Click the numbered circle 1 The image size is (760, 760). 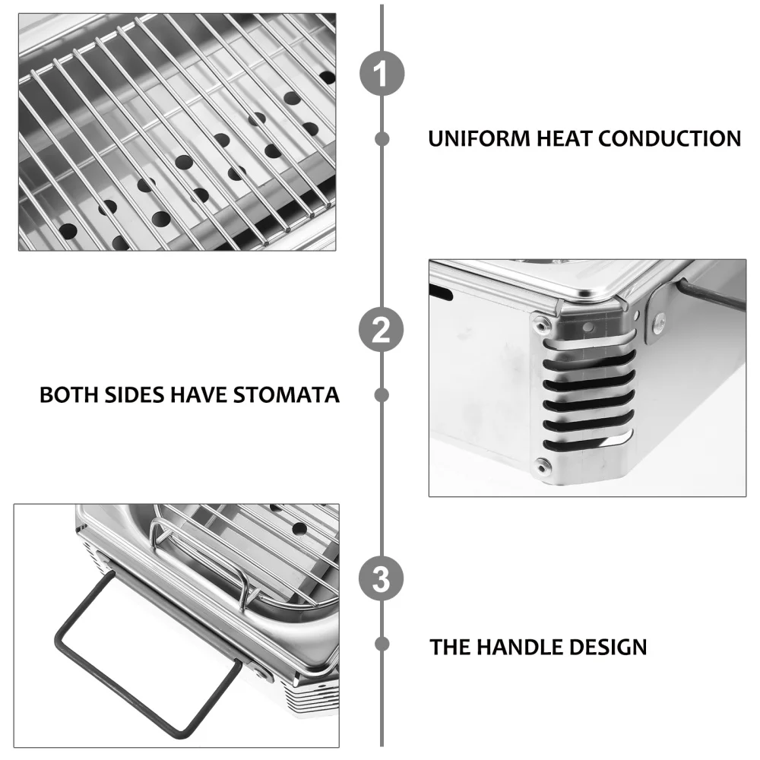pyautogui.click(x=382, y=74)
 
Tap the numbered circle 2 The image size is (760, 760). pyautogui.click(x=382, y=331)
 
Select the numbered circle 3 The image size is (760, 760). pyautogui.click(x=382, y=579)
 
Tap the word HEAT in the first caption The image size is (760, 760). pyautogui.click(x=566, y=139)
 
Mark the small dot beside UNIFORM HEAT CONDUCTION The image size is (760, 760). pyautogui.click(x=382, y=139)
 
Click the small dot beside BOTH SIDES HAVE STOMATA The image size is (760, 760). pyautogui.click(x=382, y=395)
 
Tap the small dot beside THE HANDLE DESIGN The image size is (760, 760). pyautogui.click(x=382, y=644)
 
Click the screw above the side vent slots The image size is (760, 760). pyautogui.click(x=540, y=326)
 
